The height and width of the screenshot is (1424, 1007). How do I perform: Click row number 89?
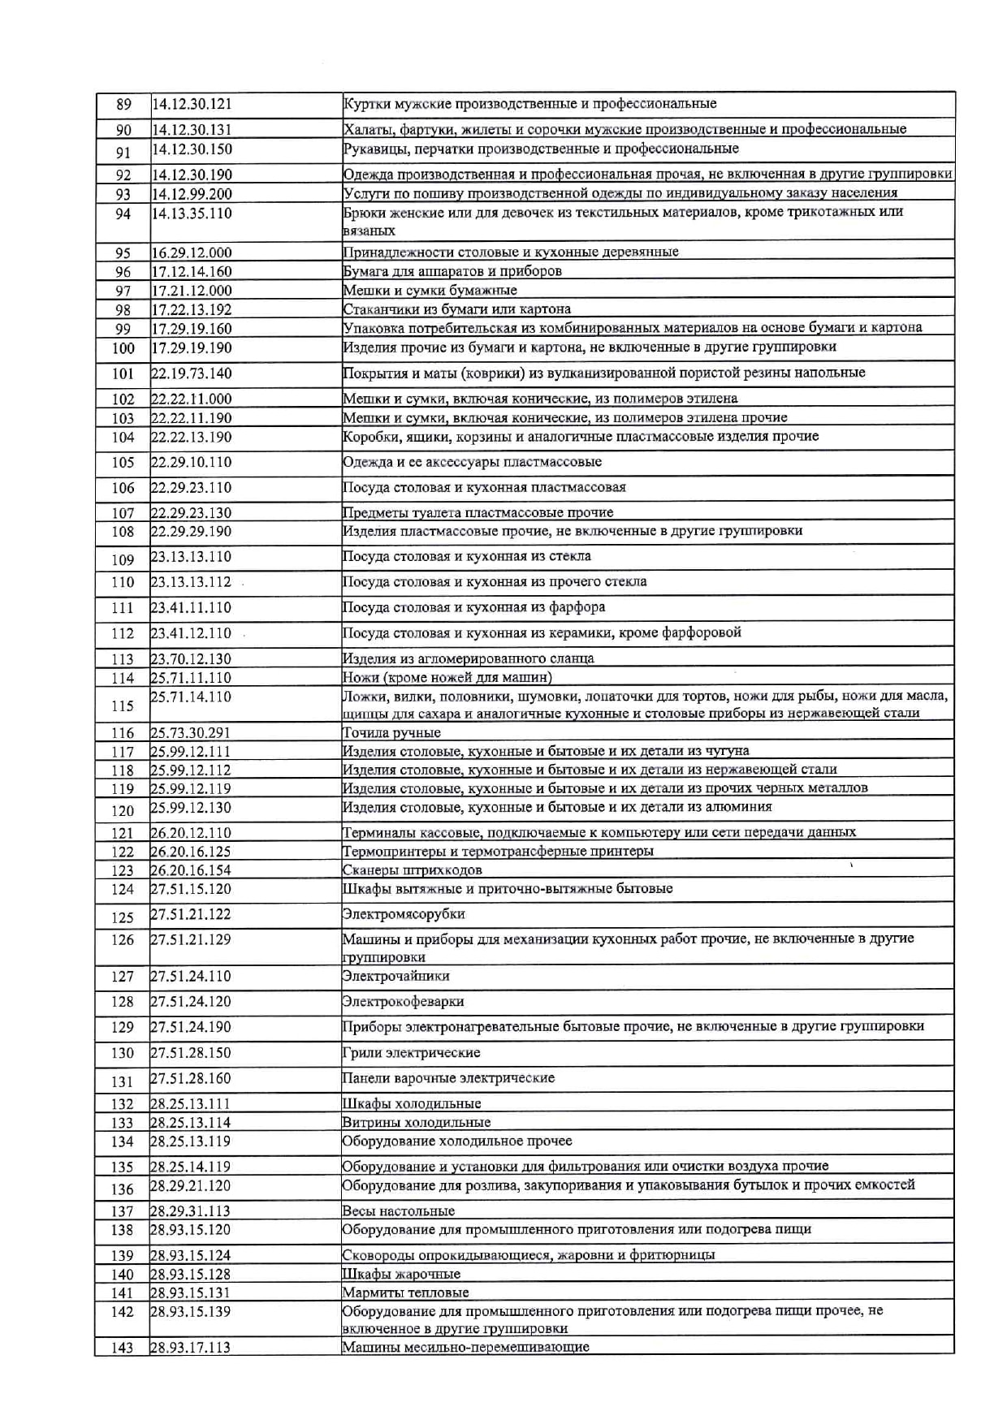point(123,105)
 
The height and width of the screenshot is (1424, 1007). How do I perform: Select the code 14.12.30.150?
point(192,149)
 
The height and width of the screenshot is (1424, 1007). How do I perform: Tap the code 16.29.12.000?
point(192,252)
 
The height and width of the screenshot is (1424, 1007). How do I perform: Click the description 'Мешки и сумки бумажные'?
point(430,290)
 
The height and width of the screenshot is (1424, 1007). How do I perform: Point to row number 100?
point(123,348)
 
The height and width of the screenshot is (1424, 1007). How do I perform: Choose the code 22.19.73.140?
point(192,373)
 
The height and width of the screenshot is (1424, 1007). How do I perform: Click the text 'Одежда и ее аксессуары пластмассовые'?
point(472,462)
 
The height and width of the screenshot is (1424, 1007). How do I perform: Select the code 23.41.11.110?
point(191,607)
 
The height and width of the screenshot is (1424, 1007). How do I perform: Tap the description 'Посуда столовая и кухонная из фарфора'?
point(473,607)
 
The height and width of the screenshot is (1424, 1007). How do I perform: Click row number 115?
point(123,706)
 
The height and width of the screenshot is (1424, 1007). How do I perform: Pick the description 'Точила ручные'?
point(391,732)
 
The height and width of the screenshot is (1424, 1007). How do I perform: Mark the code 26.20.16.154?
point(191,870)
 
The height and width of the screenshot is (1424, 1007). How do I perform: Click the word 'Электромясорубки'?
point(404,914)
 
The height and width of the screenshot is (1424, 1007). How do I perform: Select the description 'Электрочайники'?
point(395,976)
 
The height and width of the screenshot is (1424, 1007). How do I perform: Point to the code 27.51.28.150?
point(191,1053)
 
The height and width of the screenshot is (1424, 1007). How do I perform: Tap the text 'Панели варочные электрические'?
point(448,1078)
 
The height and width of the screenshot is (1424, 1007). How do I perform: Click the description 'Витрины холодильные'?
point(416,1122)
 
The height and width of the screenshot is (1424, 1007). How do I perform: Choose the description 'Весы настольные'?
point(398,1210)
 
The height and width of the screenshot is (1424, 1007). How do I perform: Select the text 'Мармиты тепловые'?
point(405,1292)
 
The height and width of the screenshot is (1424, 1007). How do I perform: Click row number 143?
point(123,1348)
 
